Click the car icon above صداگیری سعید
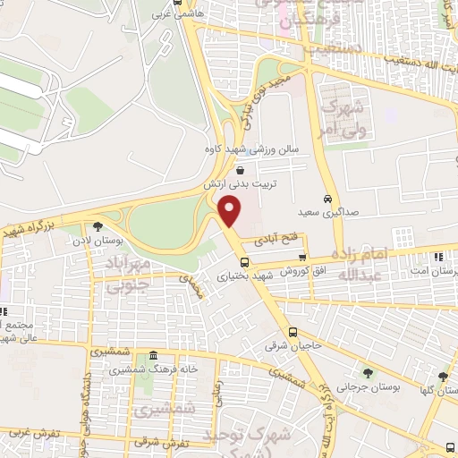[328, 198]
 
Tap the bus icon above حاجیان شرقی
[292, 333]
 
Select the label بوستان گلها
[441, 390]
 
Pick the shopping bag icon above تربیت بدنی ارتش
[239, 169]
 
